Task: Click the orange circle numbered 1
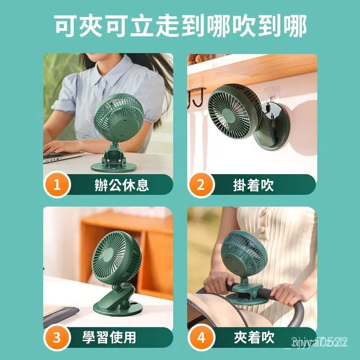tap(58, 185)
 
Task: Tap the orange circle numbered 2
tap(201, 185)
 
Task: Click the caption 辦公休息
tap(122, 185)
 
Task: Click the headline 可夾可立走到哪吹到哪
tap(180, 27)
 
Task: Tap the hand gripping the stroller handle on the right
tap(287, 292)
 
